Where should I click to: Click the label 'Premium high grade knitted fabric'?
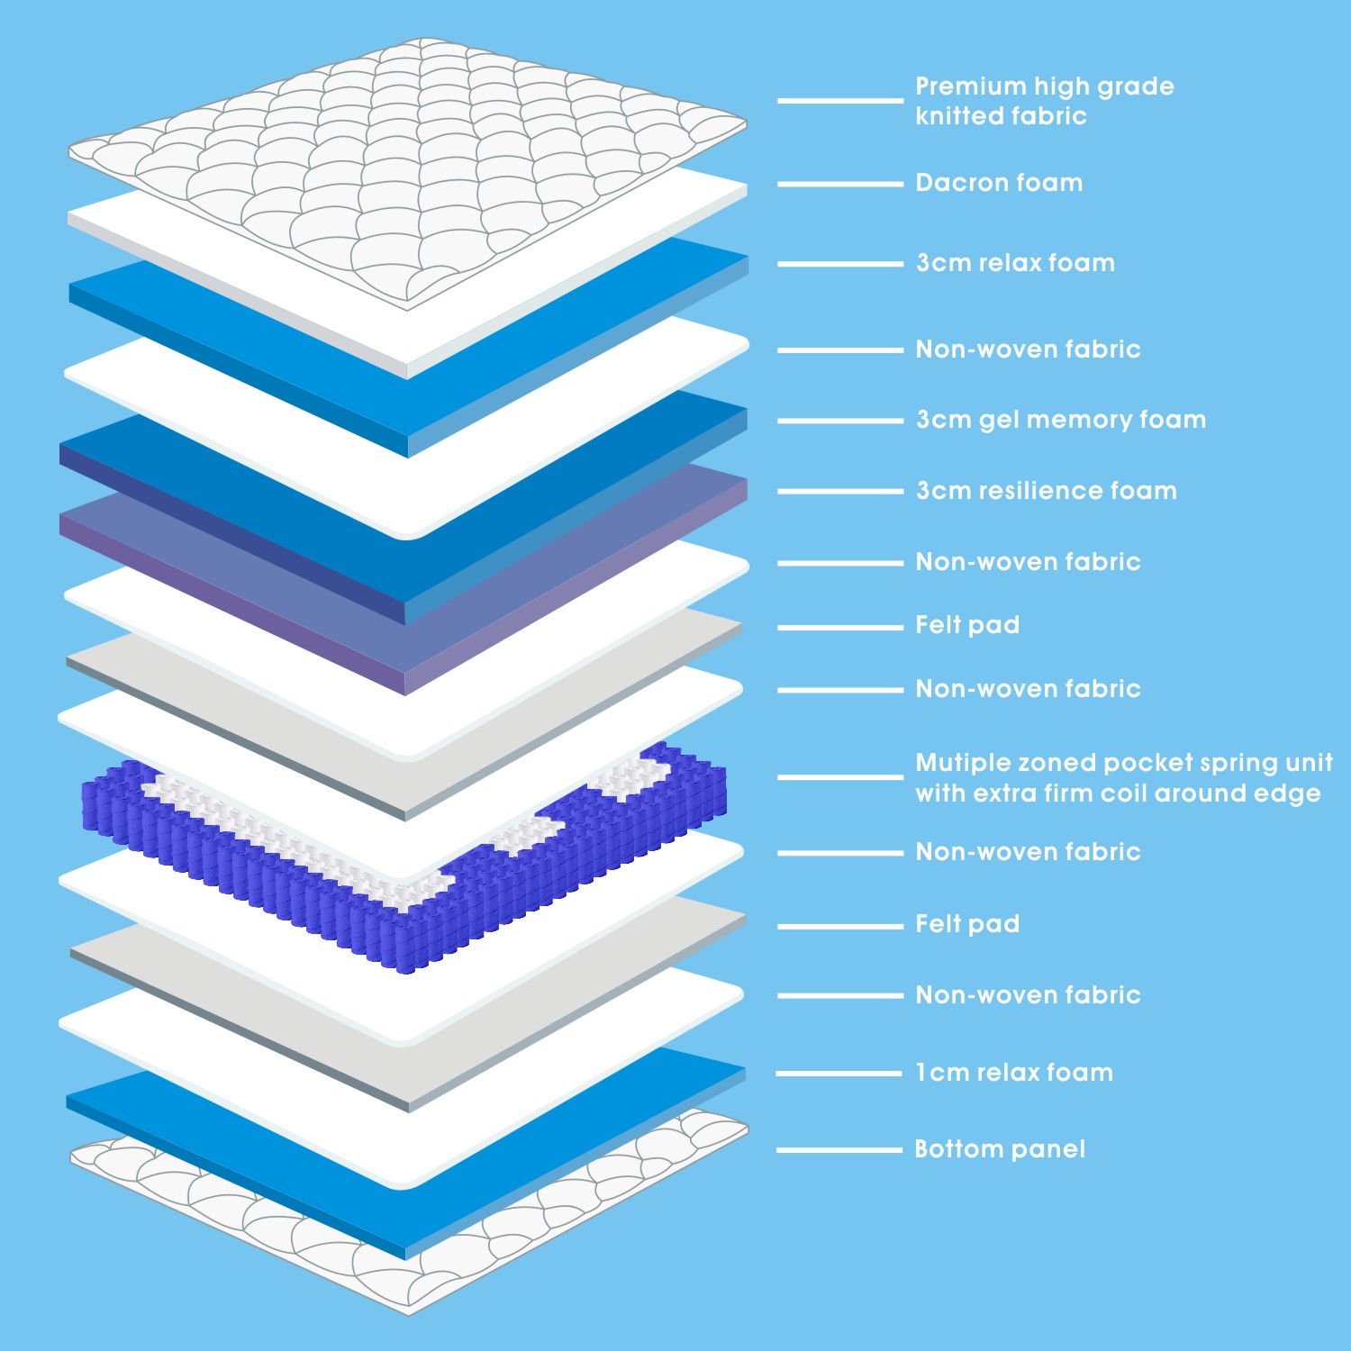[1045, 101]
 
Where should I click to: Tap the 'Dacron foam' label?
[999, 183]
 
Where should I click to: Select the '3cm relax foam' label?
[1015, 263]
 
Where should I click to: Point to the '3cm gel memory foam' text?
[1061, 421]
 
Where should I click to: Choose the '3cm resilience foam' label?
[1047, 491]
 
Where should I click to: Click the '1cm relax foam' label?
[1014, 1073]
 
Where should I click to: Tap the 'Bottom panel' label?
[1000, 1149]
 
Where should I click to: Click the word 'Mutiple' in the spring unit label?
[962, 764]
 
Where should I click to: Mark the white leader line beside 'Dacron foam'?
[840, 184]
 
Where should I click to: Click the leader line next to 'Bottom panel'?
[839, 1150]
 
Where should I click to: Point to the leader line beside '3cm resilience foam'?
[840, 492]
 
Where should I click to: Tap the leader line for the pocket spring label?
[840, 777]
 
